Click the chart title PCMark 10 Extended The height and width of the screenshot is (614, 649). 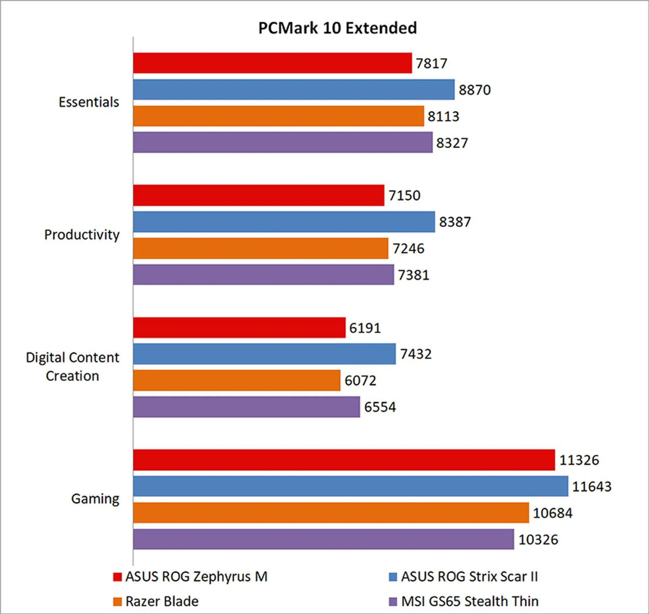click(x=337, y=28)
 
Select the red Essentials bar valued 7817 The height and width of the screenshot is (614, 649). click(x=272, y=63)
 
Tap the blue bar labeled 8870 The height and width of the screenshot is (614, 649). click(x=294, y=90)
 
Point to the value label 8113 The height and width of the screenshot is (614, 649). click(x=443, y=116)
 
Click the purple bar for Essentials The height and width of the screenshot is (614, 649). click(x=283, y=142)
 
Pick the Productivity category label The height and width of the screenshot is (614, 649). click(x=82, y=235)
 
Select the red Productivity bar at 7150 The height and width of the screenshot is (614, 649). click(x=259, y=195)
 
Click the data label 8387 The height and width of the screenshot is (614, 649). click(x=455, y=222)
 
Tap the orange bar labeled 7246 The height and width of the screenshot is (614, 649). click(x=261, y=248)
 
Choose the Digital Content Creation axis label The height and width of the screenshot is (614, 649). click(x=72, y=367)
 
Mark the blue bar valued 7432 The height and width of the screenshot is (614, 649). click(x=264, y=354)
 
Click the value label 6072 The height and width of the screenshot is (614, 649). click(x=360, y=381)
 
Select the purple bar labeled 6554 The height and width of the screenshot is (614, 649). click(x=246, y=407)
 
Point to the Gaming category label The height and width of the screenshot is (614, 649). click(x=95, y=499)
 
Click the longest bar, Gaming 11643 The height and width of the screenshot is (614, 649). click(x=351, y=486)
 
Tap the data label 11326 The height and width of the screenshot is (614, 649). click(x=579, y=460)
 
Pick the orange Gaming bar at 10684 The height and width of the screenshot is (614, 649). click(x=331, y=513)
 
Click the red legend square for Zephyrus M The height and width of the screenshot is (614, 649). click(x=117, y=577)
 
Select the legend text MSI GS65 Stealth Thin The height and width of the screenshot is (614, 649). click(x=470, y=601)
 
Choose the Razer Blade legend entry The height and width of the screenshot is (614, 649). click(x=162, y=601)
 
